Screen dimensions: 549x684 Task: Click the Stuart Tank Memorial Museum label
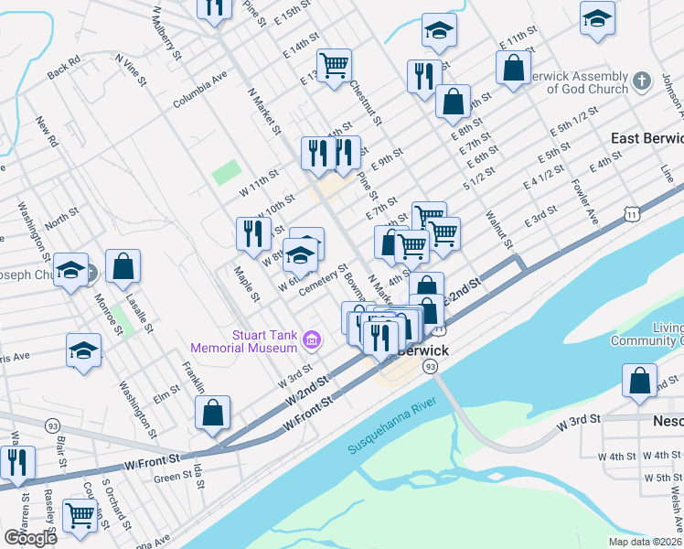tap(244, 340)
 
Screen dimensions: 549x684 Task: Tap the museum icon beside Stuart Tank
tap(311, 341)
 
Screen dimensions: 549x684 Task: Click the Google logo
tap(31, 538)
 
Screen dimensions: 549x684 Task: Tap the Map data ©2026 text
tap(644, 542)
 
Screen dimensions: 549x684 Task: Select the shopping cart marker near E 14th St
tap(335, 65)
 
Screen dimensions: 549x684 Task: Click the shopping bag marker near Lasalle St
tap(123, 267)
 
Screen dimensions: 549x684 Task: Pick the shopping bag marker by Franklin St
tap(212, 413)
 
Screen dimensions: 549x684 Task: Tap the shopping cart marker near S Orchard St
tap(80, 515)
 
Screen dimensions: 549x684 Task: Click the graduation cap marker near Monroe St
tap(83, 351)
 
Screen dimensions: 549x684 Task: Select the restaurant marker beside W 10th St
tap(251, 233)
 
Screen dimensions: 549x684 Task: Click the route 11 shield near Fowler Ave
tap(632, 212)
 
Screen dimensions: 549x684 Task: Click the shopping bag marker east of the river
tap(639, 380)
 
